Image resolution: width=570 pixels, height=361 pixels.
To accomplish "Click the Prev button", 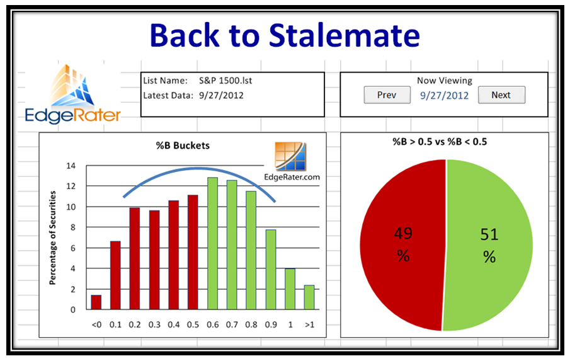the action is (x=387, y=95).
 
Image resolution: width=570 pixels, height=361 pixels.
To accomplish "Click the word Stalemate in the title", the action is (x=345, y=35).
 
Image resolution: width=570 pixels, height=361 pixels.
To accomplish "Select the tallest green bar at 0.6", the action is (x=212, y=243).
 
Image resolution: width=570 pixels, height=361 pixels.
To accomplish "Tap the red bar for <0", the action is (x=96, y=302).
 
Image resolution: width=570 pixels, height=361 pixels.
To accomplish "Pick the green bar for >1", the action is (x=309, y=297).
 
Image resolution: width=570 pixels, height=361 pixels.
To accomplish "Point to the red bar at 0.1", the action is (x=115, y=275).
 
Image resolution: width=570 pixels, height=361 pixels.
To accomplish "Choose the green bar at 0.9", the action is (x=270, y=270).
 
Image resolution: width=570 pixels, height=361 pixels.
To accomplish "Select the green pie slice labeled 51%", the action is (x=489, y=244).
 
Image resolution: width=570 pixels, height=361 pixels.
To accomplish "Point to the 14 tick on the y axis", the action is (x=71, y=166).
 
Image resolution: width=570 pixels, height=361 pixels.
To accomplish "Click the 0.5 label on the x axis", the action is (x=193, y=324).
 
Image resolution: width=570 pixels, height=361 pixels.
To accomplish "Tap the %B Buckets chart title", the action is (x=183, y=146).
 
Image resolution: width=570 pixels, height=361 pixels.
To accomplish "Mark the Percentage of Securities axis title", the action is (x=53, y=238).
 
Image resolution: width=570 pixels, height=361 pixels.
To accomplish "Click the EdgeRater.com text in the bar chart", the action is (x=292, y=177).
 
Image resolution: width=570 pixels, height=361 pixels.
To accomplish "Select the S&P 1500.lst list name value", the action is (x=225, y=81).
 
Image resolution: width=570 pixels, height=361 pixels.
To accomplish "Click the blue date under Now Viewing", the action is (x=444, y=96).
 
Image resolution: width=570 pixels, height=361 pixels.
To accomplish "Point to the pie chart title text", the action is (x=440, y=141).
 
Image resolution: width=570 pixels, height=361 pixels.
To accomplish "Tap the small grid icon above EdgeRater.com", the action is (x=290, y=156).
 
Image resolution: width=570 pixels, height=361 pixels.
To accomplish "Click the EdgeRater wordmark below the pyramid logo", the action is (x=72, y=115).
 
